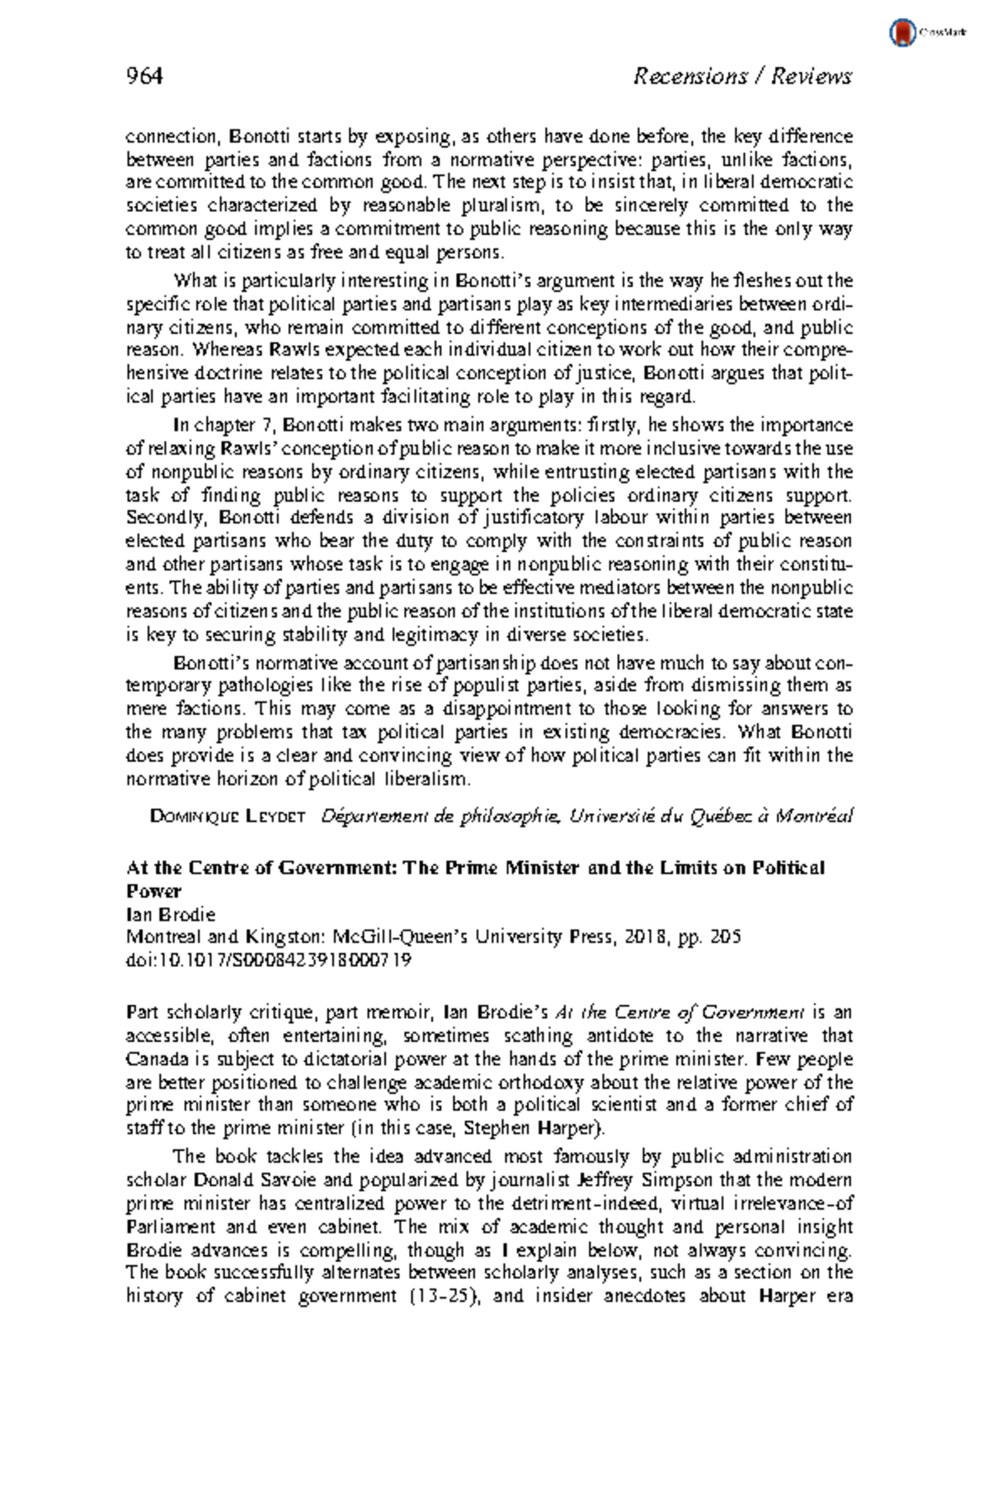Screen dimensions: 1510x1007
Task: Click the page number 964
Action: [x=143, y=77]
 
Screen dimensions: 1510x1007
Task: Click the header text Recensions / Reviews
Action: [x=742, y=77]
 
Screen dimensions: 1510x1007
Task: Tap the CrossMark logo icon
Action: [x=902, y=33]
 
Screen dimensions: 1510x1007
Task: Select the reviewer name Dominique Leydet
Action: [x=227, y=815]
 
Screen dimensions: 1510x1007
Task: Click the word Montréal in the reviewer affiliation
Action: [x=814, y=815]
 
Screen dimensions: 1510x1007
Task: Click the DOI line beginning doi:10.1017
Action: [x=269, y=960]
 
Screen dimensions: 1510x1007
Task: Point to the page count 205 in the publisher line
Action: [x=724, y=937]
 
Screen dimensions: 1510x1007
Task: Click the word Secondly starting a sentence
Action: [x=166, y=518]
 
